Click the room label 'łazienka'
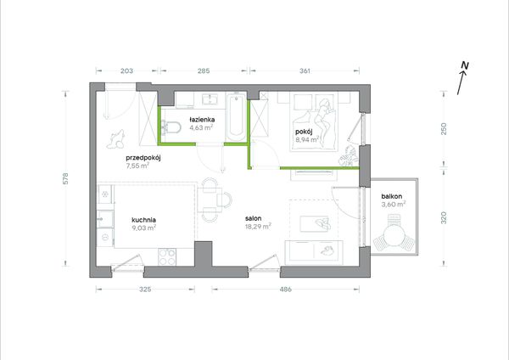point(202,120)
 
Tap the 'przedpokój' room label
point(143,158)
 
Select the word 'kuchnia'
point(144,220)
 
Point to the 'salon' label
point(253,218)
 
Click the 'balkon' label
point(391,196)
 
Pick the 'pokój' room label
point(304,132)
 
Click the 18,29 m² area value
point(259,226)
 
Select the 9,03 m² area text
point(144,228)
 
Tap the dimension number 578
point(65,178)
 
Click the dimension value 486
point(285,289)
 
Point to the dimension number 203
point(126,70)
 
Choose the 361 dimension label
point(305,70)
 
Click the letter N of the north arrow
point(465,65)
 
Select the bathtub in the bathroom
point(236,117)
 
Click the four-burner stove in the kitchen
point(167,256)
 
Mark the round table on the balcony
point(394,234)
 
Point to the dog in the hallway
point(116,139)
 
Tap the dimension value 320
point(444,217)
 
